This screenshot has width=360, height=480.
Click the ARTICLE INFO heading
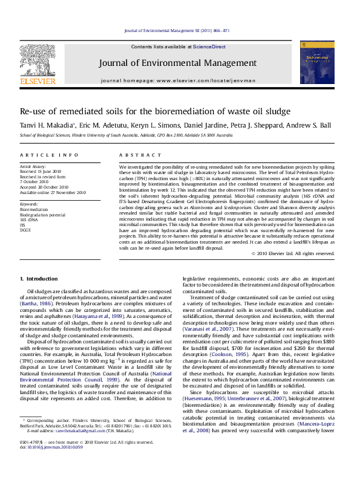pyautogui.click(x=48, y=155)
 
